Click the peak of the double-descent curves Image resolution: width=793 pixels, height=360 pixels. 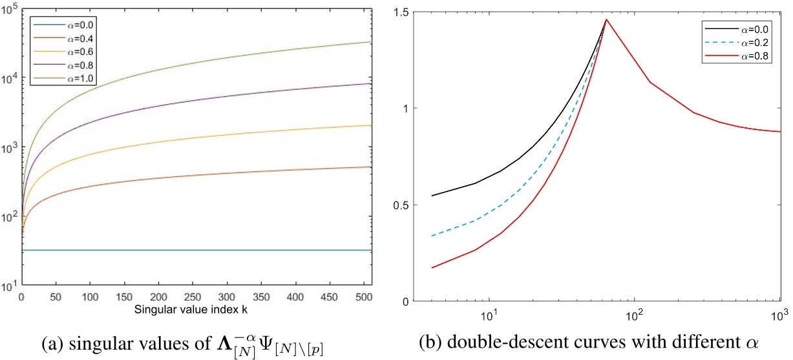pyautogui.click(x=606, y=19)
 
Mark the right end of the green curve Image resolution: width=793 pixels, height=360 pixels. pyautogui.click(x=372, y=42)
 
